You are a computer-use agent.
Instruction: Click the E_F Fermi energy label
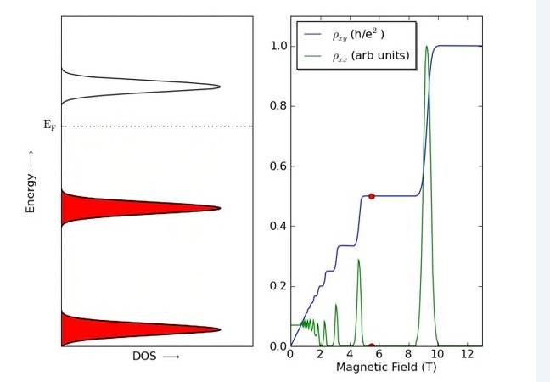pyautogui.click(x=49, y=126)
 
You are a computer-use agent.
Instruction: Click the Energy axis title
pyautogui.click(x=31, y=182)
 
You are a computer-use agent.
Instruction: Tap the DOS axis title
pyautogui.click(x=156, y=357)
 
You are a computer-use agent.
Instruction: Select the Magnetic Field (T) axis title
pyautogui.click(x=385, y=367)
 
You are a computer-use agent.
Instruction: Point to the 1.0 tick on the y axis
pyautogui.click(x=278, y=46)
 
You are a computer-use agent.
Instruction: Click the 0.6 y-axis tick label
pyautogui.click(x=278, y=166)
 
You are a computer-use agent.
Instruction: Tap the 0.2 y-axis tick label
pyautogui.click(x=278, y=286)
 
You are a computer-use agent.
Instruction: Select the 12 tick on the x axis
pyautogui.click(x=468, y=354)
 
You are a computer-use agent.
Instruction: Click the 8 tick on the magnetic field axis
pyautogui.click(x=408, y=354)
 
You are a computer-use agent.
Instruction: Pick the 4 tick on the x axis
pyautogui.click(x=350, y=354)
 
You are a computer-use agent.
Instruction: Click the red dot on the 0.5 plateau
pyautogui.click(x=372, y=196)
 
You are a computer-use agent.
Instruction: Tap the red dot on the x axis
pyautogui.click(x=372, y=346)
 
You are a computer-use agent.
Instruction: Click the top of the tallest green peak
pyautogui.click(x=427, y=47)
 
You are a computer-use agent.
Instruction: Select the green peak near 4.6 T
pyautogui.click(x=358, y=261)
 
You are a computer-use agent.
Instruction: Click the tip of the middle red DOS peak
pyautogui.click(x=218, y=208)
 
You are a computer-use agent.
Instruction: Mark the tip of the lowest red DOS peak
pyautogui.click(x=218, y=329)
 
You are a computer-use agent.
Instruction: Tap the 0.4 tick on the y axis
pyautogui.click(x=278, y=226)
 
